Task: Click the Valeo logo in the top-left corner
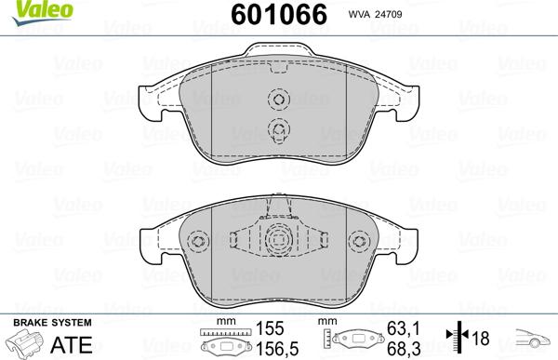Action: click(25, 10)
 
